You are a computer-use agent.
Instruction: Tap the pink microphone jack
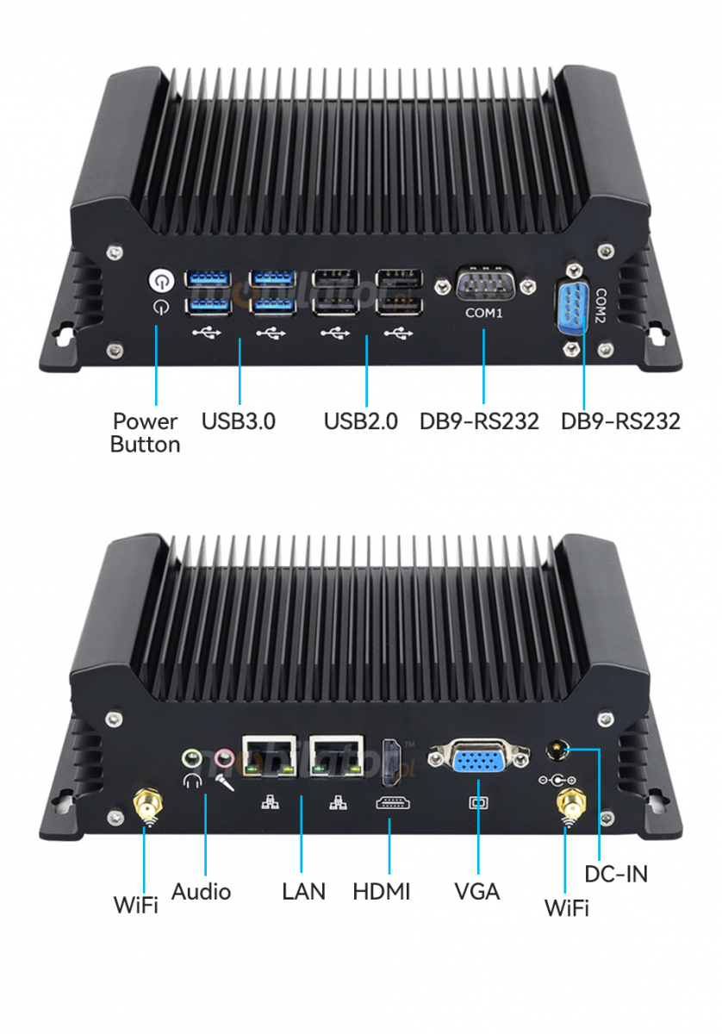click(224, 758)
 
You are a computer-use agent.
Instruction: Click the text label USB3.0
click(239, 421)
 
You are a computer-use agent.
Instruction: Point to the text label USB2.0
click(361, 421)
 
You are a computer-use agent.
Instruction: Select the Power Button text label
click(146, 433)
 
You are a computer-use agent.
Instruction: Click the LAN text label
click(303, 891)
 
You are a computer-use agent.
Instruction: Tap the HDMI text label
click(382, 891)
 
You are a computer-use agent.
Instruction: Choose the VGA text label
click(477, 891)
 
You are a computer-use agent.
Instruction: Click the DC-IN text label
click(616, 874)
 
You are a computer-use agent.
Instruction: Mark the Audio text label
click(201, 891)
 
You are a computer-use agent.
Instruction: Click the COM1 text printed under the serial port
click(483, 314)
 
